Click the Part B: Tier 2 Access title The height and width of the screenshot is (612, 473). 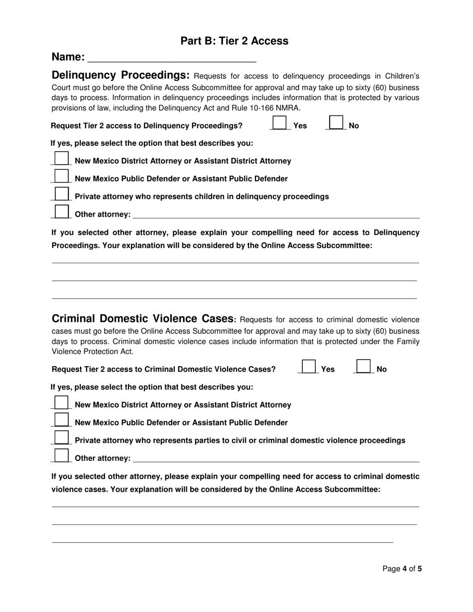coord(234,41)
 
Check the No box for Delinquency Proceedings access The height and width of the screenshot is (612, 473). coord(337,123)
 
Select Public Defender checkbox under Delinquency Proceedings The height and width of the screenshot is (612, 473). coord(61,176)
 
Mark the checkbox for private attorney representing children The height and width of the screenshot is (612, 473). coord(61,194)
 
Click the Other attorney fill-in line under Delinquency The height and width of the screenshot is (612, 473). coord(276,215)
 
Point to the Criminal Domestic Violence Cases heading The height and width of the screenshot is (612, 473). coord(142,319)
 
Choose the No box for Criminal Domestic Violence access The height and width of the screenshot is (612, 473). coord(364,367)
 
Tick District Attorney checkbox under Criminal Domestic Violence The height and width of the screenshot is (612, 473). coord(61,403)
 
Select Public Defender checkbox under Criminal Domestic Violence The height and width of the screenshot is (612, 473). coord(61,420)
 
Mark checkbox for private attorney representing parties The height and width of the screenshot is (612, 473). coord(61,438)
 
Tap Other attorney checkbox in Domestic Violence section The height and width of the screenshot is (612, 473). coord(61,455)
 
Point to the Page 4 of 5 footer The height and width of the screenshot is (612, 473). coord(402,569)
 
